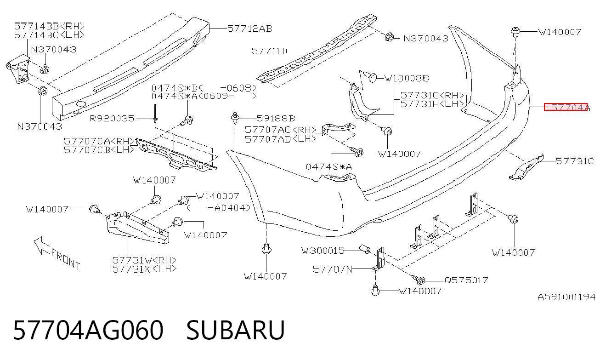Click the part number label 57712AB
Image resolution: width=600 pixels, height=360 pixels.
[249, 29]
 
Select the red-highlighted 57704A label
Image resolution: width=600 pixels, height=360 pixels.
[567, 107]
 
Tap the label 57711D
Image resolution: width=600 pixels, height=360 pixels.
[269, 51]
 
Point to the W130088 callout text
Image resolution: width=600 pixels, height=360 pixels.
[407, 78]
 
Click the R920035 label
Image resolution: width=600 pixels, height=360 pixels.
[112, 118]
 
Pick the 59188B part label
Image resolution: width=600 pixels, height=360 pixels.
[276, 118]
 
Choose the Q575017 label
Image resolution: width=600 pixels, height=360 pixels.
[466, 280]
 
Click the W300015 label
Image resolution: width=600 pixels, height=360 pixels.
[323, 251]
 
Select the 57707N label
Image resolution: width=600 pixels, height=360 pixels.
[333, 269]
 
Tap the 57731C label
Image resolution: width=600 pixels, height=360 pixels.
[575, 161]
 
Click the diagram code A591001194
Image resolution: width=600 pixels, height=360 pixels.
[566, 297]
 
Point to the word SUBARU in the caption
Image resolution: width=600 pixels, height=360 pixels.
[235, 330]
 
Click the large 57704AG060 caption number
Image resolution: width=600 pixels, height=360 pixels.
[88, 330]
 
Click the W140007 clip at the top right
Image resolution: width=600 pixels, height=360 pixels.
[515, 31]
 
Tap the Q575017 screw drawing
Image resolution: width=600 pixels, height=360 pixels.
[419, 280]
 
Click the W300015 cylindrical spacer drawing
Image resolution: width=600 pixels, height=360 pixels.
[365, 249]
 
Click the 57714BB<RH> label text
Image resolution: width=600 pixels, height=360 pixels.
[49, 26]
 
